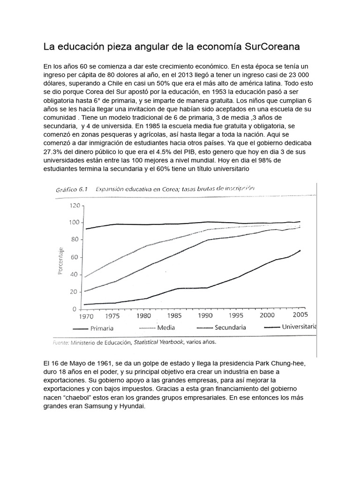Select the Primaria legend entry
(x=102, y=328)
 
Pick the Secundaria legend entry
(x=231, y=327)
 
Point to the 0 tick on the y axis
(x=75, y=309)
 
